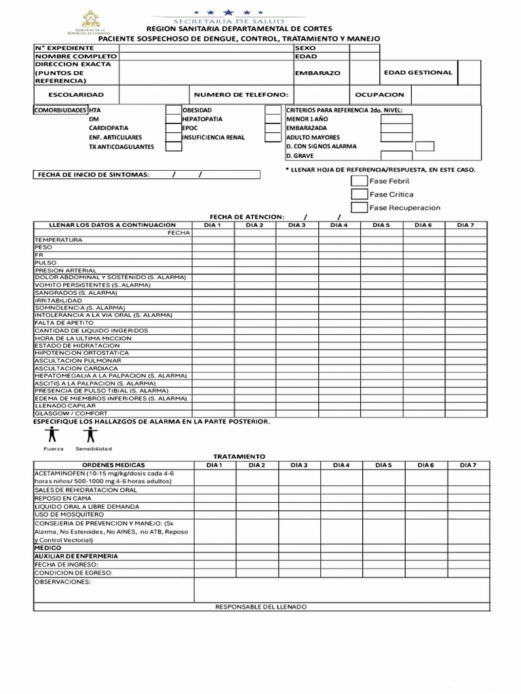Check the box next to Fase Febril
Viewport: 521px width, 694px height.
[x=359, y=181]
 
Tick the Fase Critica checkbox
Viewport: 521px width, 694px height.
[x=359, y=195]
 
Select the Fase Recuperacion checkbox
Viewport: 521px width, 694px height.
[x=359, y=207]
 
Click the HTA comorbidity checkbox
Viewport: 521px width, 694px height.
[x=173, y=110]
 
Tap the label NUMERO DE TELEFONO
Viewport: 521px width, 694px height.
[x=241, y=95]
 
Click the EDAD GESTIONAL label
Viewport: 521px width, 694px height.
[x=418, y=73]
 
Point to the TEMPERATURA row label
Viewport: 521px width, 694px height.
[x=59, y=240]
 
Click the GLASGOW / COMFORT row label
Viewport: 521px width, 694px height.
[x=71, y=413]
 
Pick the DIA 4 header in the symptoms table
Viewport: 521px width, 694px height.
[x=339, y=225]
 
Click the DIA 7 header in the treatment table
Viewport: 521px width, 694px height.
[x=468, y=465]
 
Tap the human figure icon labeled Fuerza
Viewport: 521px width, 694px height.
[x=53, y=434]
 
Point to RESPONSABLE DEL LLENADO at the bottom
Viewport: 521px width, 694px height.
[x=260, y=607]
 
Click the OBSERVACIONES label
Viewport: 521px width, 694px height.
[x=62, y=581]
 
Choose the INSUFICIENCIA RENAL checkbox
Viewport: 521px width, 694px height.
[x=272, y=138]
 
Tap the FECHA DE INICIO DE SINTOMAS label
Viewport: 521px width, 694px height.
[x=94, y=175]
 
